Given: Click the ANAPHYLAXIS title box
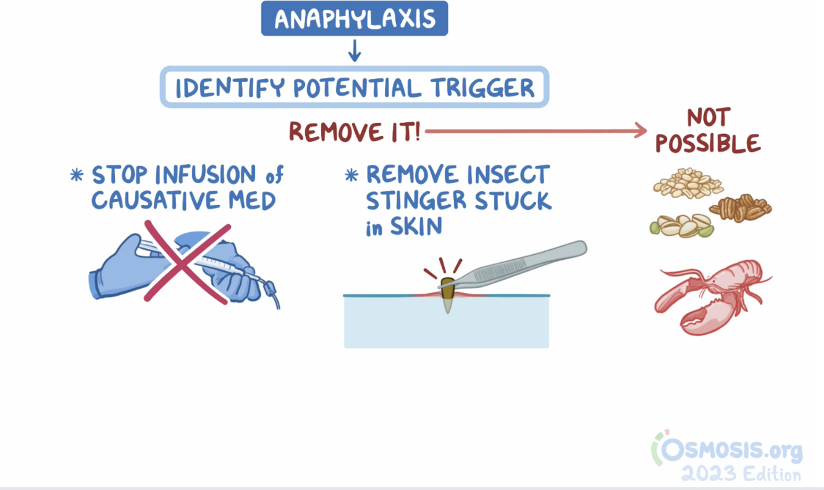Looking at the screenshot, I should tap(354, 19).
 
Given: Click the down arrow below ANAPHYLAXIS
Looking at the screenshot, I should tap(354, 51).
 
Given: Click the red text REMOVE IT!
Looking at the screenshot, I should tap(355, 131).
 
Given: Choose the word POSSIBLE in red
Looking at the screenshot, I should tap(708, 144).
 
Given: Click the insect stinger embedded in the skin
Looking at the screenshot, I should tap(447, 297).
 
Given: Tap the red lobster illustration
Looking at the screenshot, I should tap(710, 296).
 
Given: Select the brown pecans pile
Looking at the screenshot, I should tap(741, 209).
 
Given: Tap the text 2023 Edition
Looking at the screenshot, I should tap(741, 475).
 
